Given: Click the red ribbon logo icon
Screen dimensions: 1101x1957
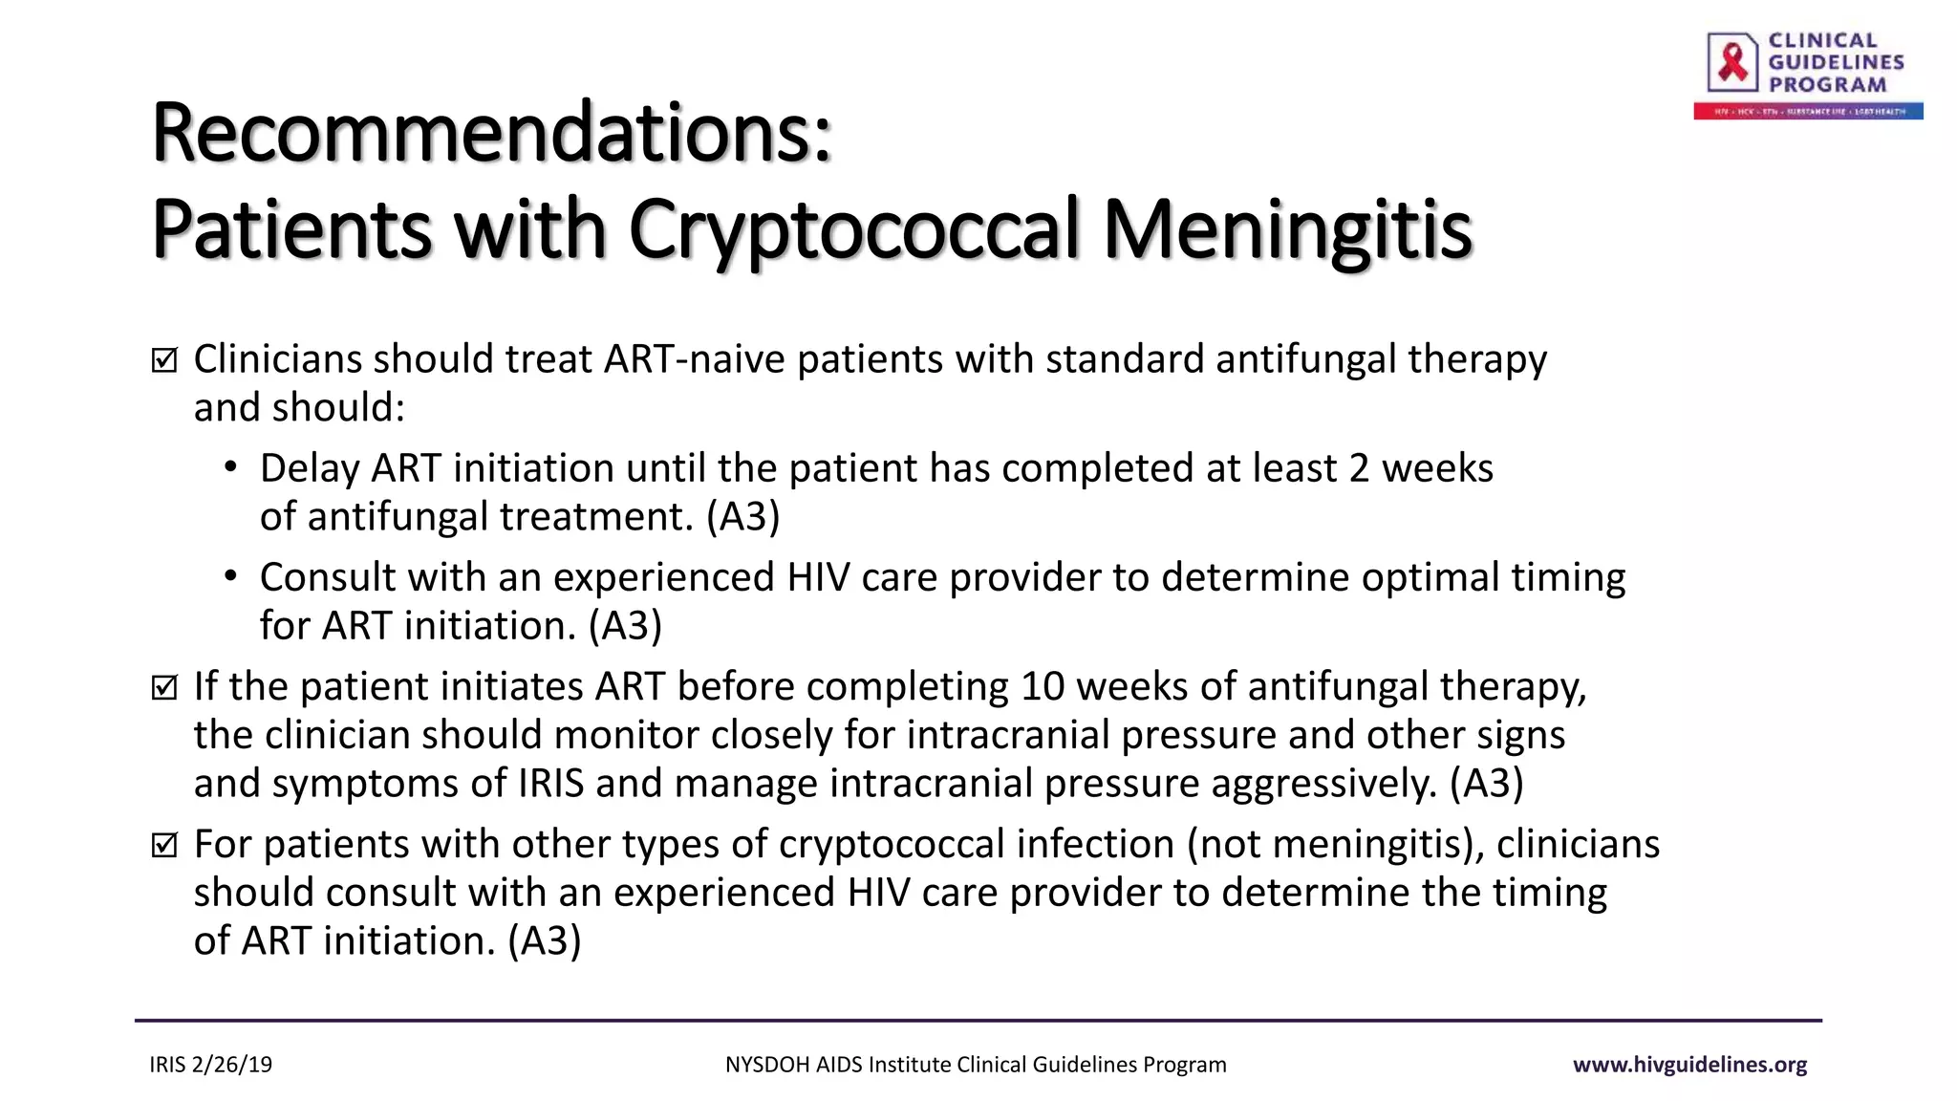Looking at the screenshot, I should (1732, 62).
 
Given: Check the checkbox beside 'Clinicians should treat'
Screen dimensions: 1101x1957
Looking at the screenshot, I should (164, 360).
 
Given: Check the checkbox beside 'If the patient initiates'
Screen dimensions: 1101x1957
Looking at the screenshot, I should (164, 687).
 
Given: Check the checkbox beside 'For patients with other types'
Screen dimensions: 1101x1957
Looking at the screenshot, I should (164, 845).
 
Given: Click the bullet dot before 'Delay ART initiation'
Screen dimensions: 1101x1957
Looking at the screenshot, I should (230, 468).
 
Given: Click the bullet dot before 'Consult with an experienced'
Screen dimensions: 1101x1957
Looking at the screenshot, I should (230, 577).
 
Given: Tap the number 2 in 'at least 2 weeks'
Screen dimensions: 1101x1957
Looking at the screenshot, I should (1359, 468).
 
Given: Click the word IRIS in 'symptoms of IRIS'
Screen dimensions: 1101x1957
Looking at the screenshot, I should (550, 783).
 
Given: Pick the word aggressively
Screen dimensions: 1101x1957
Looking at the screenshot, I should (1323, 783).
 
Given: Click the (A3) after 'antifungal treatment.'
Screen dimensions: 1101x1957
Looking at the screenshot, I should (742, 516).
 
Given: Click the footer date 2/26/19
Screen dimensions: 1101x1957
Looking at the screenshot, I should (232, 1065).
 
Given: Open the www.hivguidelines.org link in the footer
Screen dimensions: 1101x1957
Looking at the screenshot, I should (1689, 1065).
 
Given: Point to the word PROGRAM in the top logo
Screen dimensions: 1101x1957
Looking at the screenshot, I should (1827, 85).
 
